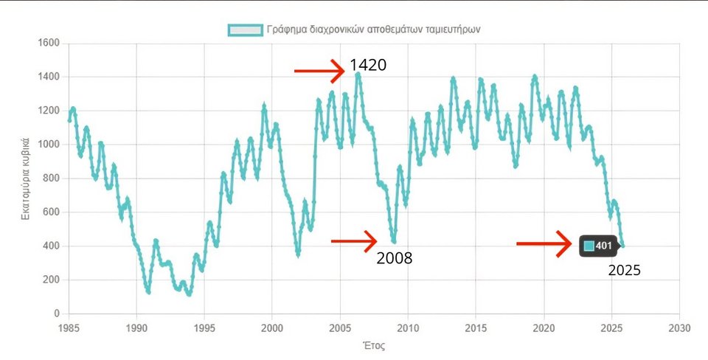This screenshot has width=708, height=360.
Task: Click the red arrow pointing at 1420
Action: [319, 71]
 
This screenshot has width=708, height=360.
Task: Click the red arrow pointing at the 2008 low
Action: [354, 240]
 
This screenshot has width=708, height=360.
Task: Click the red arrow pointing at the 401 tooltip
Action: [544, 243]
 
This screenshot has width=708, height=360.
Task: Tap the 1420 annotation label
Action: [368, 65]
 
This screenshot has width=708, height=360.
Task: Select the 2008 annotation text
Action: [394, 258]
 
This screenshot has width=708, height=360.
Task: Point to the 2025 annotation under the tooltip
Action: [624, 270]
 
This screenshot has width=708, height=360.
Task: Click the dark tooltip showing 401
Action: [598, 246]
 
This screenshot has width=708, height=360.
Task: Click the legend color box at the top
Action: [245, 30]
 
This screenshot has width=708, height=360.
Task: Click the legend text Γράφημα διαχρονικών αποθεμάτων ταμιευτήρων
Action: [375, 30]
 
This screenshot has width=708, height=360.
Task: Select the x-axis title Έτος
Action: [375, 345]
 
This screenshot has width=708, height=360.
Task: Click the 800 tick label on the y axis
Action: [50, 179]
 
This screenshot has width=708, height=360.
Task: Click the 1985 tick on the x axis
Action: [69, 327]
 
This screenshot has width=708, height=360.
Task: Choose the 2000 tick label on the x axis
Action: [272, 327]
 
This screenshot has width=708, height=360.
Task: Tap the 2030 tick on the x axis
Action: [679, 327]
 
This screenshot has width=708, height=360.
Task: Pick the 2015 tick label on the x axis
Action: [476, 327]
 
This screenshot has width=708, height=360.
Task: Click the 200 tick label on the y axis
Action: [50, 280]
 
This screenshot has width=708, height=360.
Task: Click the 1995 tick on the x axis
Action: [204, 327]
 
